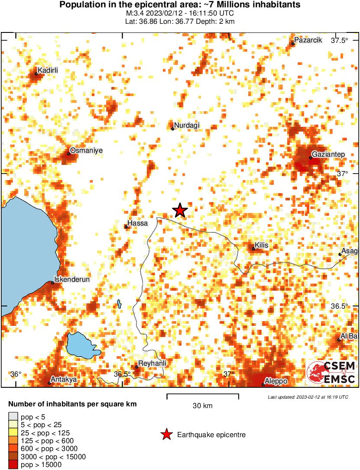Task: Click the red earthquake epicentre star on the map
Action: click(180, 210)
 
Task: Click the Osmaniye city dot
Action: click(68, 154)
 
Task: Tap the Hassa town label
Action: click(138, 223)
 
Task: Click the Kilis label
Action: click(261, 245)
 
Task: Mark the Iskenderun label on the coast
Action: click(71, 280)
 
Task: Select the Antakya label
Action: click(64, 380)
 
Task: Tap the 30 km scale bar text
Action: click(203, 406)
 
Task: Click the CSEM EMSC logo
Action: click(331, 373)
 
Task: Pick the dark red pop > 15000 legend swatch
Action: click(13, 464)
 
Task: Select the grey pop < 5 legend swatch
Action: click(13, 417)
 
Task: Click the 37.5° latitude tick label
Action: click(340, 41)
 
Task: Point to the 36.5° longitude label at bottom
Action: click(123, 374)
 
